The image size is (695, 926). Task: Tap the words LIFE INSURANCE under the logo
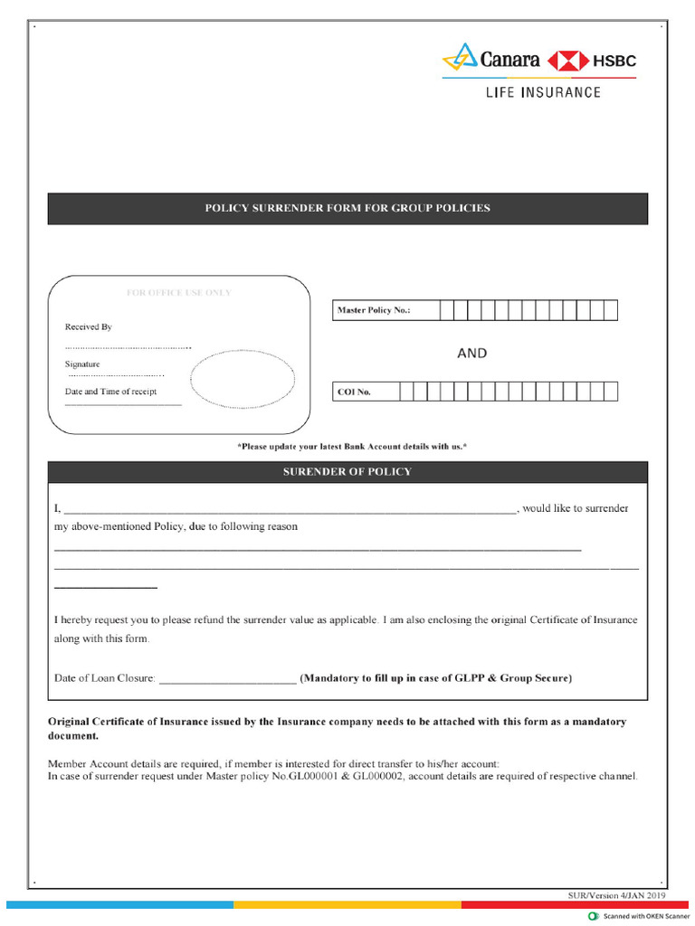coord(543,92)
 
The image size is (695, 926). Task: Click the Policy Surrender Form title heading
coord(347,208)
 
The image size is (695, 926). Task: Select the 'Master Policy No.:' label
coord(374,311)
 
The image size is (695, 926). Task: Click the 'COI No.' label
coord(354,392)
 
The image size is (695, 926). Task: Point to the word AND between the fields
coord(471,354)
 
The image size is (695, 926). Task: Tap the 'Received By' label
coord(89,327)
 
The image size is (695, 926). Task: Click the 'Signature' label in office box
coord(82,364)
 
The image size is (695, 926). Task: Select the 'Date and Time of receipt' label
coord(110,392)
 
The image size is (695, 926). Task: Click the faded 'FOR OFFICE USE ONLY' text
coord(178,293)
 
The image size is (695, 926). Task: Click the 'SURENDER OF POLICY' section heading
coord(347,472)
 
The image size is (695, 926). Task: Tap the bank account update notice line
coord(351,447)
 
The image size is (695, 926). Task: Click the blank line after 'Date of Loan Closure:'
coord(227,681)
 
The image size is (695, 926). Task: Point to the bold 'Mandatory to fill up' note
coord(435,678)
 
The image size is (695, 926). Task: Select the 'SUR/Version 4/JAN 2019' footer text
coord(615,895)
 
